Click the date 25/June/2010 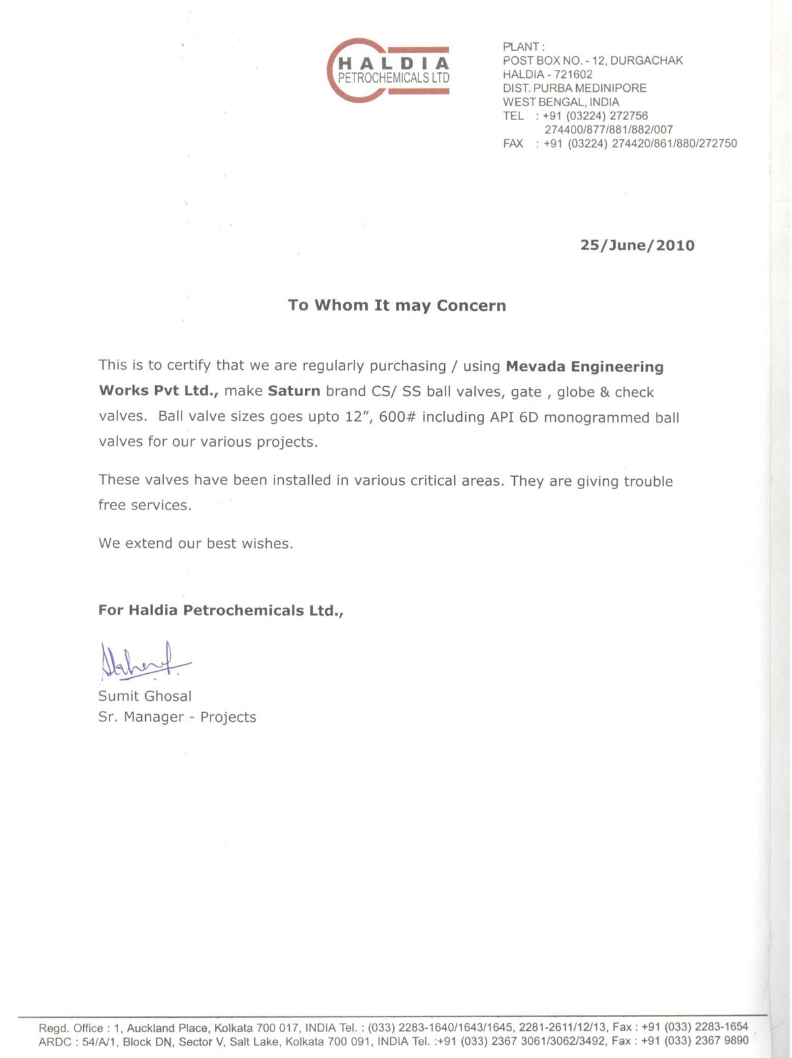tap(637, 246)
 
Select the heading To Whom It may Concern tap(397, 306)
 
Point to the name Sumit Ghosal tap(145, 696)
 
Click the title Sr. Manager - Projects tap(177, 717)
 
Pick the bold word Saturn tap(294, 391)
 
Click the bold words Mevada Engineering tap(584, 366)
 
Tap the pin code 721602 tap(573, 75)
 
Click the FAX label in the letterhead tap(513, 143)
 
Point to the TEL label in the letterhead tap(513, 116)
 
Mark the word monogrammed tap(597, 417)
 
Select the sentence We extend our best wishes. tap(195, 543)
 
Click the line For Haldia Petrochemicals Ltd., tap(220, 611)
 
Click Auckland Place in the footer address tap(167, 1028)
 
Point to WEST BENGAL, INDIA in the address tap(560, 102)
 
